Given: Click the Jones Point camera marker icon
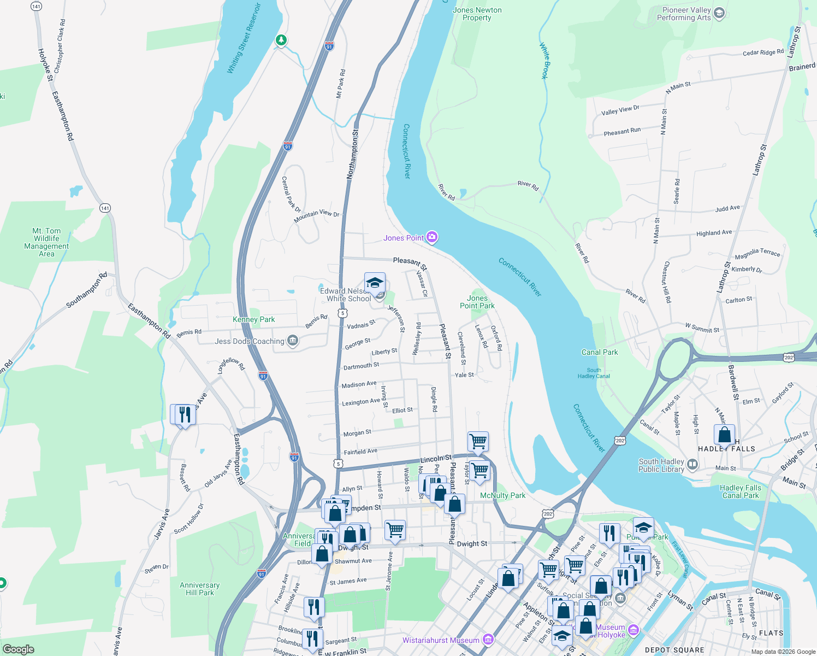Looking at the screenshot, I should click(432, 237).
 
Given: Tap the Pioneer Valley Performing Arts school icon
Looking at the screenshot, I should click(719, 13).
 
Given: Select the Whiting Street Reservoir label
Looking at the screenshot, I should click(244, 39).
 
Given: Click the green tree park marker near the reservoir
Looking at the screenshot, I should click(281, 40).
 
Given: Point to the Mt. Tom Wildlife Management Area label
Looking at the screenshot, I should click(46, 242).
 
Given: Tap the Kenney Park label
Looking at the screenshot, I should click(253, 319).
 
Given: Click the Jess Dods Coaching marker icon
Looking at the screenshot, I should click(293, 341).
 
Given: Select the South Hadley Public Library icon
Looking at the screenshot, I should click(692, 465).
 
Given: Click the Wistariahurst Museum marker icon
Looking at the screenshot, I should click(488, 640).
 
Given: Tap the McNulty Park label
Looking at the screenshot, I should click(502, 495).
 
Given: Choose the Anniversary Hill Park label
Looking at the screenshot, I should click(200, 589).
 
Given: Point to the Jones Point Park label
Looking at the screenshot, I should click(477, 302).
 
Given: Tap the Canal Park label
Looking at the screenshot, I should click(600, 352).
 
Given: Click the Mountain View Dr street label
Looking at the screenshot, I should click(316, 216).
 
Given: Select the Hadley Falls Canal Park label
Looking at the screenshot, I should click(740, 491).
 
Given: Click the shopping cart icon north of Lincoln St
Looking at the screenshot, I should click(478, 441).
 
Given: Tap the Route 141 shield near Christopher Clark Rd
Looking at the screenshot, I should click(36, 7).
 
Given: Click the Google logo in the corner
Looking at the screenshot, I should click(19, 649).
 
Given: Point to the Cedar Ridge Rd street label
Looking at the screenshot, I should click(763, 52).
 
